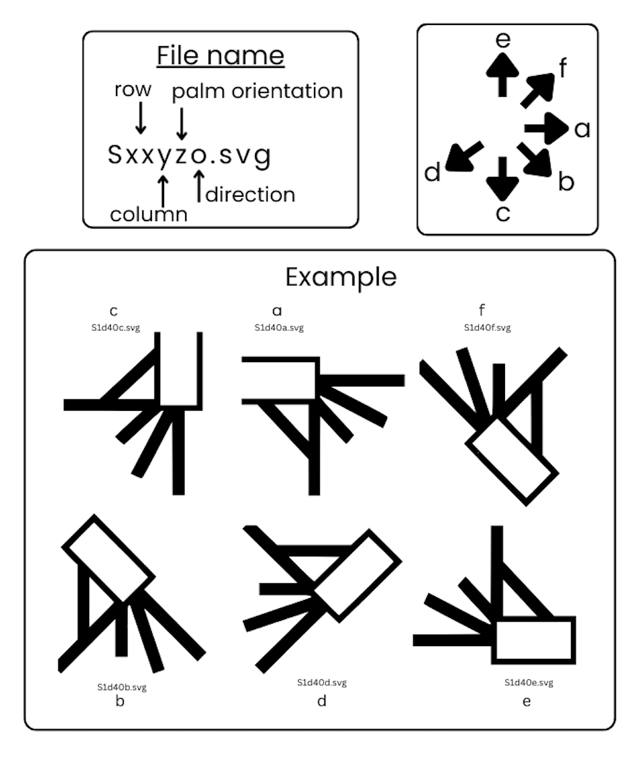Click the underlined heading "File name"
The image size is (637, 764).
pyautogui.click(x=220, y=56)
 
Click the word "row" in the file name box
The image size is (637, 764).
pyautogui.click(x=133, y=90)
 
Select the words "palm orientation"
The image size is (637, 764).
pyautogui.click(x=257, y=92)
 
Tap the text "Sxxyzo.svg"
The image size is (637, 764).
pyautogui.click(x=189, y=156)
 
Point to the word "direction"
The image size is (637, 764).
pyautogui.click(x=251, y=194)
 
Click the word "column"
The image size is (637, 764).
pyautogui.click(x=149, y=214)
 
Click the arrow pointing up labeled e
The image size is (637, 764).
pyautogui.click(x=502, y=74)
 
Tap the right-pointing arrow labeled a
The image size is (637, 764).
pyautogui.click(x=547, y=128)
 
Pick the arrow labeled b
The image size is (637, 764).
pyautogui.click(x=534, y=160)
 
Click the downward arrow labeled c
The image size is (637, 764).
pyautogui.click(x=502, y=179)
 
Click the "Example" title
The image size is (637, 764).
pyautogui.click(x=341, y=278)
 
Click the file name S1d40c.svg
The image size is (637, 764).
pyautogui.click(x=115, y=328)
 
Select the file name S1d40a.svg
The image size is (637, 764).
pyautogui.click(x=279, y=328)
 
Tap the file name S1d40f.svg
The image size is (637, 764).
pyautogui.click(x=488, y=328)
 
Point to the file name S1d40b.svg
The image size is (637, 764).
pyautogui.click(x=122, y=688)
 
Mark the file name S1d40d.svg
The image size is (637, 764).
pyautogui.click(x=322, y=683)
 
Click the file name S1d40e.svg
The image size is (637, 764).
pyautogui.click(x=529, y=683)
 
